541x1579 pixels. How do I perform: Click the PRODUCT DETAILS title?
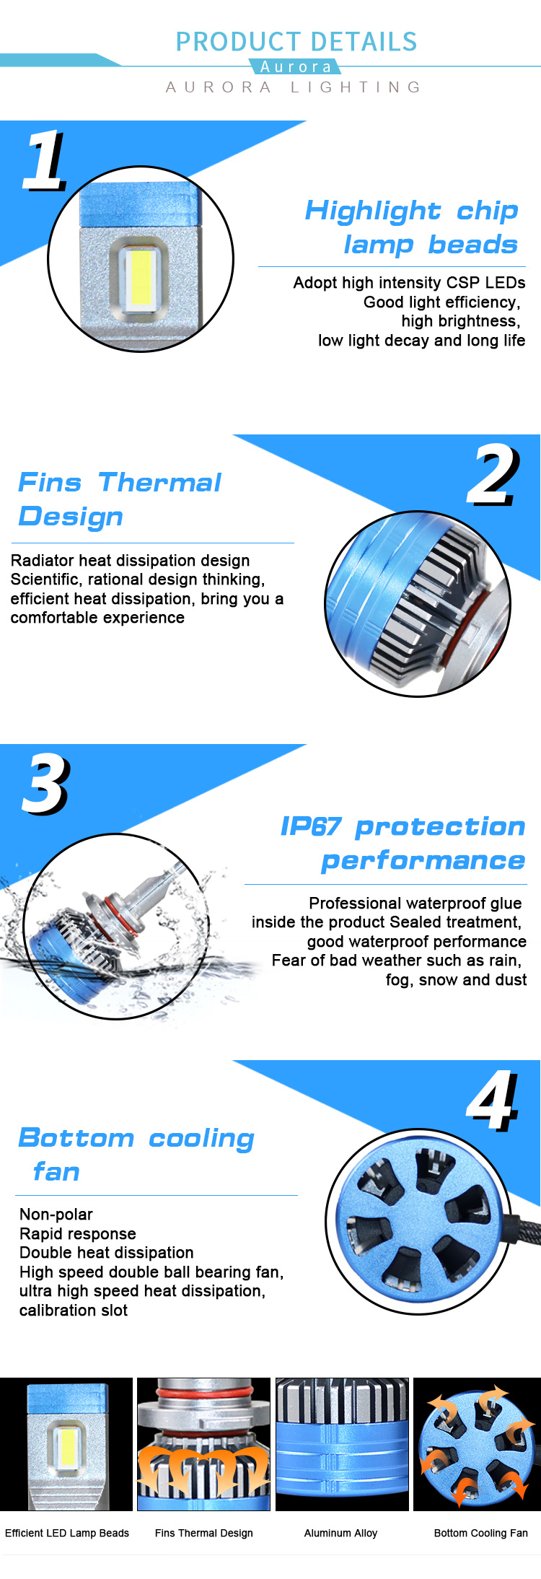296,42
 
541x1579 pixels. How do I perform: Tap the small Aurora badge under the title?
296,67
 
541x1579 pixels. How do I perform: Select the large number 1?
45,161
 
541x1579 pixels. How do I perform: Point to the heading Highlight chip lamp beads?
412,227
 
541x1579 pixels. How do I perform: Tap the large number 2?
493,476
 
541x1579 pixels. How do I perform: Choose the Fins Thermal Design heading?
120,499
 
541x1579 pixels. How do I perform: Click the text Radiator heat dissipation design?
130,561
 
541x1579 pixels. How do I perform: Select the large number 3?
45,784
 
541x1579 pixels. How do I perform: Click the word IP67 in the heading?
310,827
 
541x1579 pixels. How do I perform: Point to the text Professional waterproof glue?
415,904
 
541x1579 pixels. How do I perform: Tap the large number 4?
493,1101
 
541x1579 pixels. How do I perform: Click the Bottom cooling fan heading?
136,1154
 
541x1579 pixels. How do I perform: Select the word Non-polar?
56,1215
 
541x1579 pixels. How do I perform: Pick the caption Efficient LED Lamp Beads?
67,1533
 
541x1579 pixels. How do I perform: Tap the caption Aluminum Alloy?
340,1533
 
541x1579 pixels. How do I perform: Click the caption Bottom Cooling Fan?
480,1533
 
